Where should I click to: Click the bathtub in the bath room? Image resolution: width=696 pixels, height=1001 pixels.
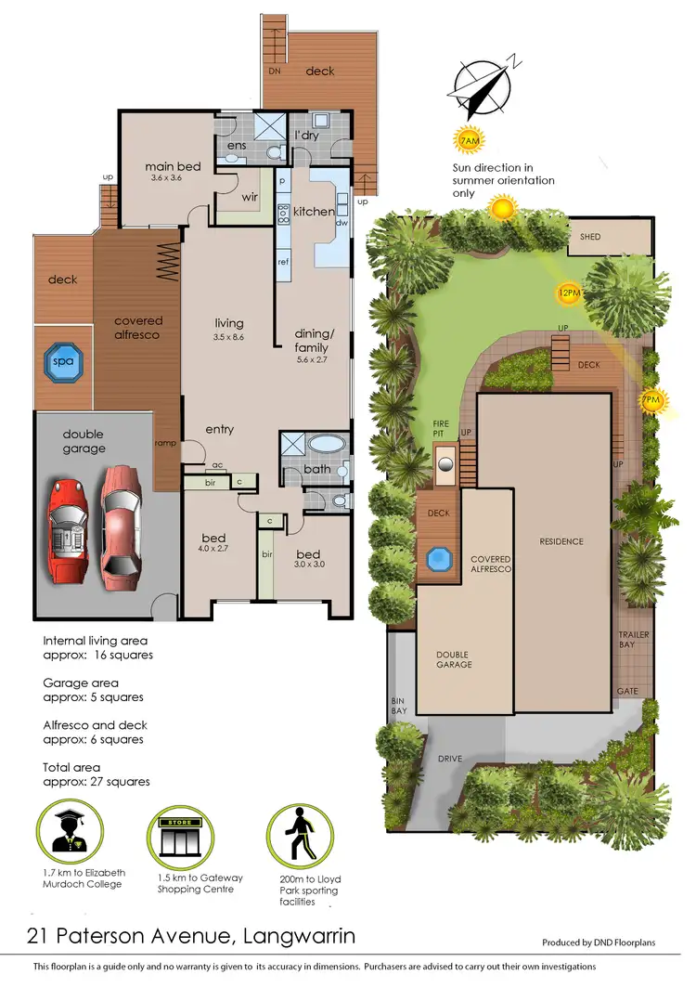(x=326, y=444)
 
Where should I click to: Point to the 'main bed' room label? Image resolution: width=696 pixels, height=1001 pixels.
(x=173, y=167)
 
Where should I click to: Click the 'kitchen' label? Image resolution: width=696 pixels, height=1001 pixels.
(x=314, y=212)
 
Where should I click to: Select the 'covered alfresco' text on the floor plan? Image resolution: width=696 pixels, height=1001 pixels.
(x=138, y=328)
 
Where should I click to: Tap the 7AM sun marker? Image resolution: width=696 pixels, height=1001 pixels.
(x=470, y=141)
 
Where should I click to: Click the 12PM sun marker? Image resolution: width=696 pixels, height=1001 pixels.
(x=569, y=292)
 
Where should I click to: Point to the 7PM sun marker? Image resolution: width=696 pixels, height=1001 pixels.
(x=653, y=401)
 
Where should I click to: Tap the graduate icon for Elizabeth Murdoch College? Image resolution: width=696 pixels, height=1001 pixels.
(x=71, y=832)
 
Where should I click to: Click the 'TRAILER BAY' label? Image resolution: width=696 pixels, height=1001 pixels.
(x=634, y=640)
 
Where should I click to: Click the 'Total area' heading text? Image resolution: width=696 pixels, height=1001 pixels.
(x=71, y=768)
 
